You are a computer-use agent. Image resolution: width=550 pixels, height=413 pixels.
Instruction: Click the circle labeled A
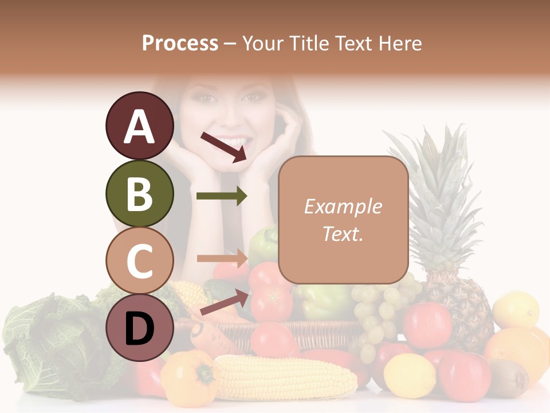[139, 126]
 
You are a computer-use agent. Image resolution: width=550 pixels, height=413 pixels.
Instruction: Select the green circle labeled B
[139, 194]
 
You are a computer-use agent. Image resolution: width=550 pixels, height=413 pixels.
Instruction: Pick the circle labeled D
[139, 328]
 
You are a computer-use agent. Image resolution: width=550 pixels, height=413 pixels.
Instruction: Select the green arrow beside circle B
[222, 196]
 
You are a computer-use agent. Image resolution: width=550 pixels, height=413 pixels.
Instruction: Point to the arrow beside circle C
[222, 258]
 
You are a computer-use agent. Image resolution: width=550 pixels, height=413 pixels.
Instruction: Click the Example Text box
[343, 220]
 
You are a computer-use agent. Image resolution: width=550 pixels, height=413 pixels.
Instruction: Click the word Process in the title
[180, 43]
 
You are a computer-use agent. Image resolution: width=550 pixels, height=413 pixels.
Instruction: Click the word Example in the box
[343, 206]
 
